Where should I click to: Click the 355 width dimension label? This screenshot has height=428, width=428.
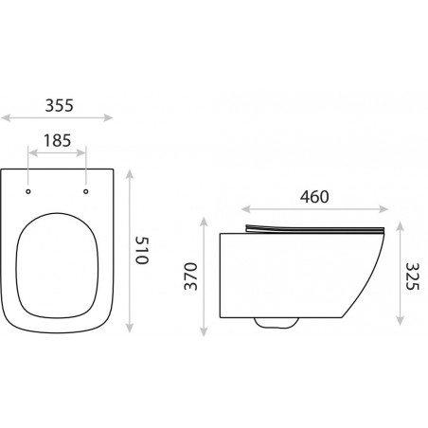coord(59,105)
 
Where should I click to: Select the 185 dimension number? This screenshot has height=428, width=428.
coord(57,140)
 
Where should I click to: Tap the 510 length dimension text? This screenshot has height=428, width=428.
coord(141,251)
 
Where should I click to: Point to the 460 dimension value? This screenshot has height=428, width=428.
coord(314,197)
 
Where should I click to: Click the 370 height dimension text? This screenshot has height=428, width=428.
coord(190,276)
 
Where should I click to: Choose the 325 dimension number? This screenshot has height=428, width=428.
coord(412,276)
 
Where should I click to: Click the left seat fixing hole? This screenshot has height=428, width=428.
coord(28,191)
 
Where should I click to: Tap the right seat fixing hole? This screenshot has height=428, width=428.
coord(85,191)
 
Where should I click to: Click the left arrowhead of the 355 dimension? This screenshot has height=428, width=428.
coord(6,118)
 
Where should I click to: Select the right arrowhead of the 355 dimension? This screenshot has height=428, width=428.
coord(109,118)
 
